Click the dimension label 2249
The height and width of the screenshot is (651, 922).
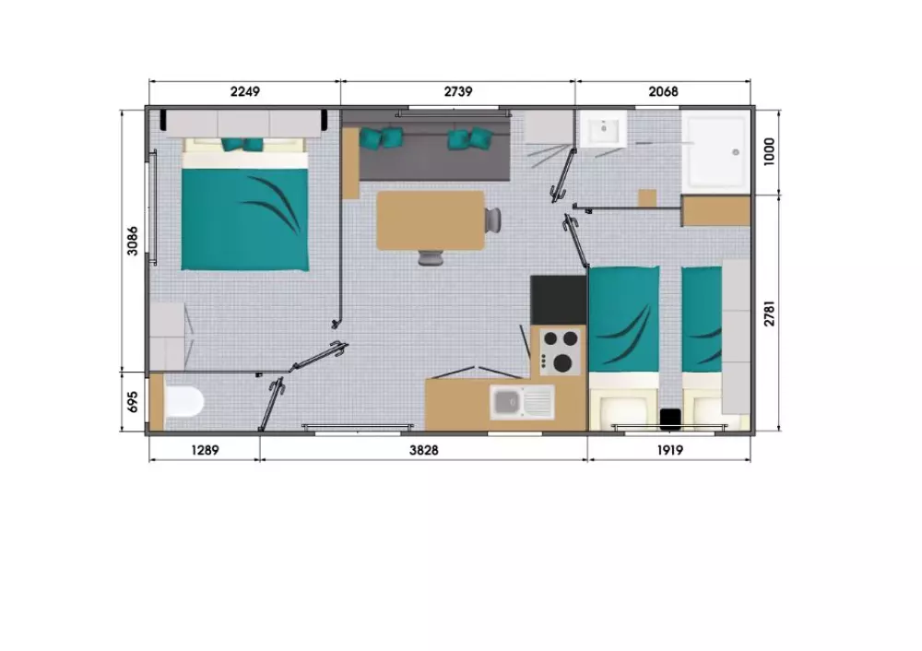pyautogui.click(x=244, y=91)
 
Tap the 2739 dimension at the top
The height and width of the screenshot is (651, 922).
pyautogui.click(x=458, y=91)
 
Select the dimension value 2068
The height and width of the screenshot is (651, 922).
pyautogui.click(x=663, y=91)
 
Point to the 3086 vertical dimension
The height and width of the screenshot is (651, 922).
pyautogui.click(x=133, y=241)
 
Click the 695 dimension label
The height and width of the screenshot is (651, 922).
pyautogui.click(x=133, y=402)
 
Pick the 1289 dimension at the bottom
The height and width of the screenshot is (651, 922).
pyautogui.click(x=205, y=451)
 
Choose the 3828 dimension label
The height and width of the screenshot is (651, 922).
pyautogui.click(x=424, y=451)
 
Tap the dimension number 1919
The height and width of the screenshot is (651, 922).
pyautogui.click(x=669, y=451)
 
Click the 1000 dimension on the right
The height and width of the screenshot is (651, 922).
pyautogui.click(x=769, y=152)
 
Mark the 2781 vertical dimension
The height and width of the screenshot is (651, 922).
pyautogui.click(x=769, y=313)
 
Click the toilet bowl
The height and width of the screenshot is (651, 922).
pyautogui.click(x=184, y=402)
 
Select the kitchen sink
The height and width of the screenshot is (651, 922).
pyautogui.click(x=522, y=402)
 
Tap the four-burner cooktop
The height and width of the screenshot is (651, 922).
pyautogui.click(x=561, y=351)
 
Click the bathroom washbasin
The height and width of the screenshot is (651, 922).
pyautogui.click(x=603, y=128)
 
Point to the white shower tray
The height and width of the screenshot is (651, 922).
pyautogui.click(x=716, y=152)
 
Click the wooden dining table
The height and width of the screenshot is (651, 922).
pyautogui.click(x=431, y=220)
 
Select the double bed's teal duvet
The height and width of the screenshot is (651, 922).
pyautogui.click(x=244, y=219)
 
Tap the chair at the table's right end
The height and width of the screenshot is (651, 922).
pyautogui.click(x=493, y=220)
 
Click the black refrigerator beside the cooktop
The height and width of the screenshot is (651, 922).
pyautogui.click(x=558, y=301)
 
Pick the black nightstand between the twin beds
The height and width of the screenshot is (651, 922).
pyautogui.click(x=670, y=419)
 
